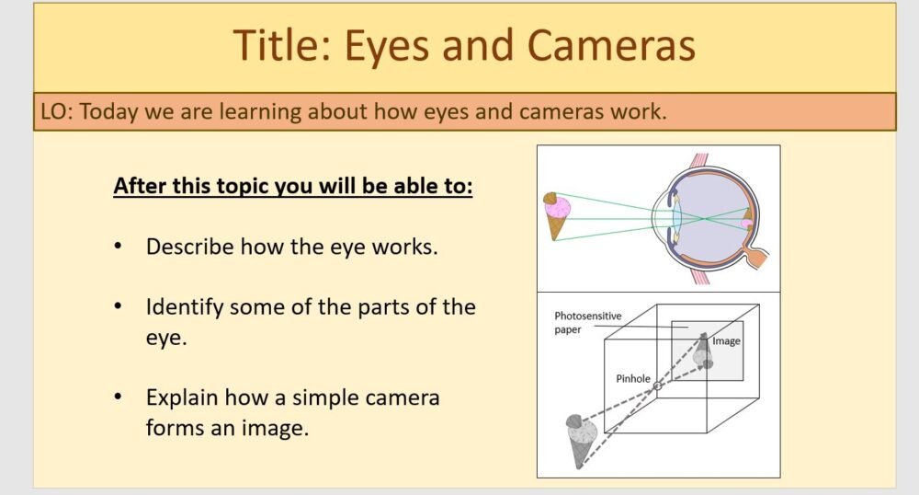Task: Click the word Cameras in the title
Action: [x=610, y=46]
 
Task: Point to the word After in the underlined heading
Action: [x=142, y=187]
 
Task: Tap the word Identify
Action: [x=183, y=306]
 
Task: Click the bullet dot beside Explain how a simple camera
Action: [x=119, y=398]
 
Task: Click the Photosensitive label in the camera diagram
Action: [x=587, y=317]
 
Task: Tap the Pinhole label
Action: [x=633, y=378]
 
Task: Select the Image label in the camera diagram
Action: [x=726, y=341]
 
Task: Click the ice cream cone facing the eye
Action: [x=555, y=214]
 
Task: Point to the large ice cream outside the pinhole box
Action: [x=582, y=438]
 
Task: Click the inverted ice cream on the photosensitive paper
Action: [x=703, y=351]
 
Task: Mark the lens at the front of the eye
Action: [x=676, y=219]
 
